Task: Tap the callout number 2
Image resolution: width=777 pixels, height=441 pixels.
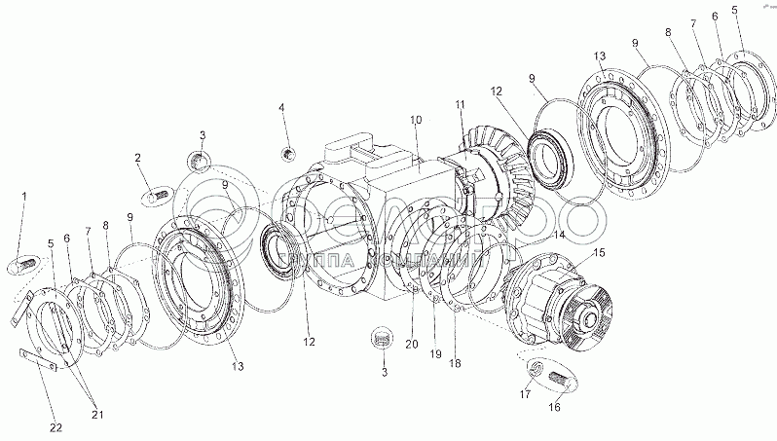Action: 138,158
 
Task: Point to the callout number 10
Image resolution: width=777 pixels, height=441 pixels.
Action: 416,120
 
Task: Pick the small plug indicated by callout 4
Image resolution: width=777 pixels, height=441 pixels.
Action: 287,153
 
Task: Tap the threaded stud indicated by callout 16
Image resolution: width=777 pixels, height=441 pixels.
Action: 559,379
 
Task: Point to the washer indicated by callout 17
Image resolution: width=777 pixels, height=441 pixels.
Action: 534,366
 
